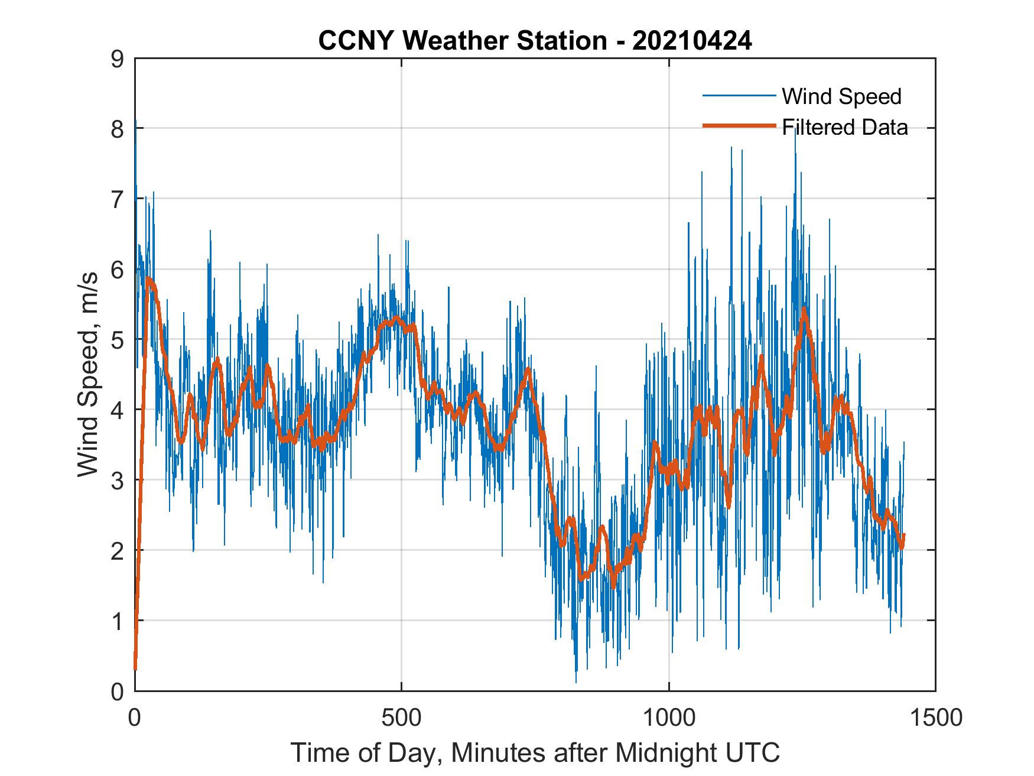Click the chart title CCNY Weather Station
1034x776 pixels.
[462, 41]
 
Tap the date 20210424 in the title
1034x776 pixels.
[692, 41]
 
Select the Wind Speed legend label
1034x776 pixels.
[841, 96]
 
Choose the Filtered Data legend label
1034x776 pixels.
[844, 127]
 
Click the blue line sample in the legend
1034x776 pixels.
[739, 96]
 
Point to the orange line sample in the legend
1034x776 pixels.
[739, 126]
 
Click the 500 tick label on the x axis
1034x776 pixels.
[402, 717]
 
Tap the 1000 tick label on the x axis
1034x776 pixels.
[669, 717]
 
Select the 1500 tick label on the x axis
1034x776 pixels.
[935, 717]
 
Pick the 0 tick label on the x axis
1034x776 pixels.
[135, 717]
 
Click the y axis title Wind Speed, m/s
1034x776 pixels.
[89, 374]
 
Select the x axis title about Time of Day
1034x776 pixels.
[535, 753]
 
